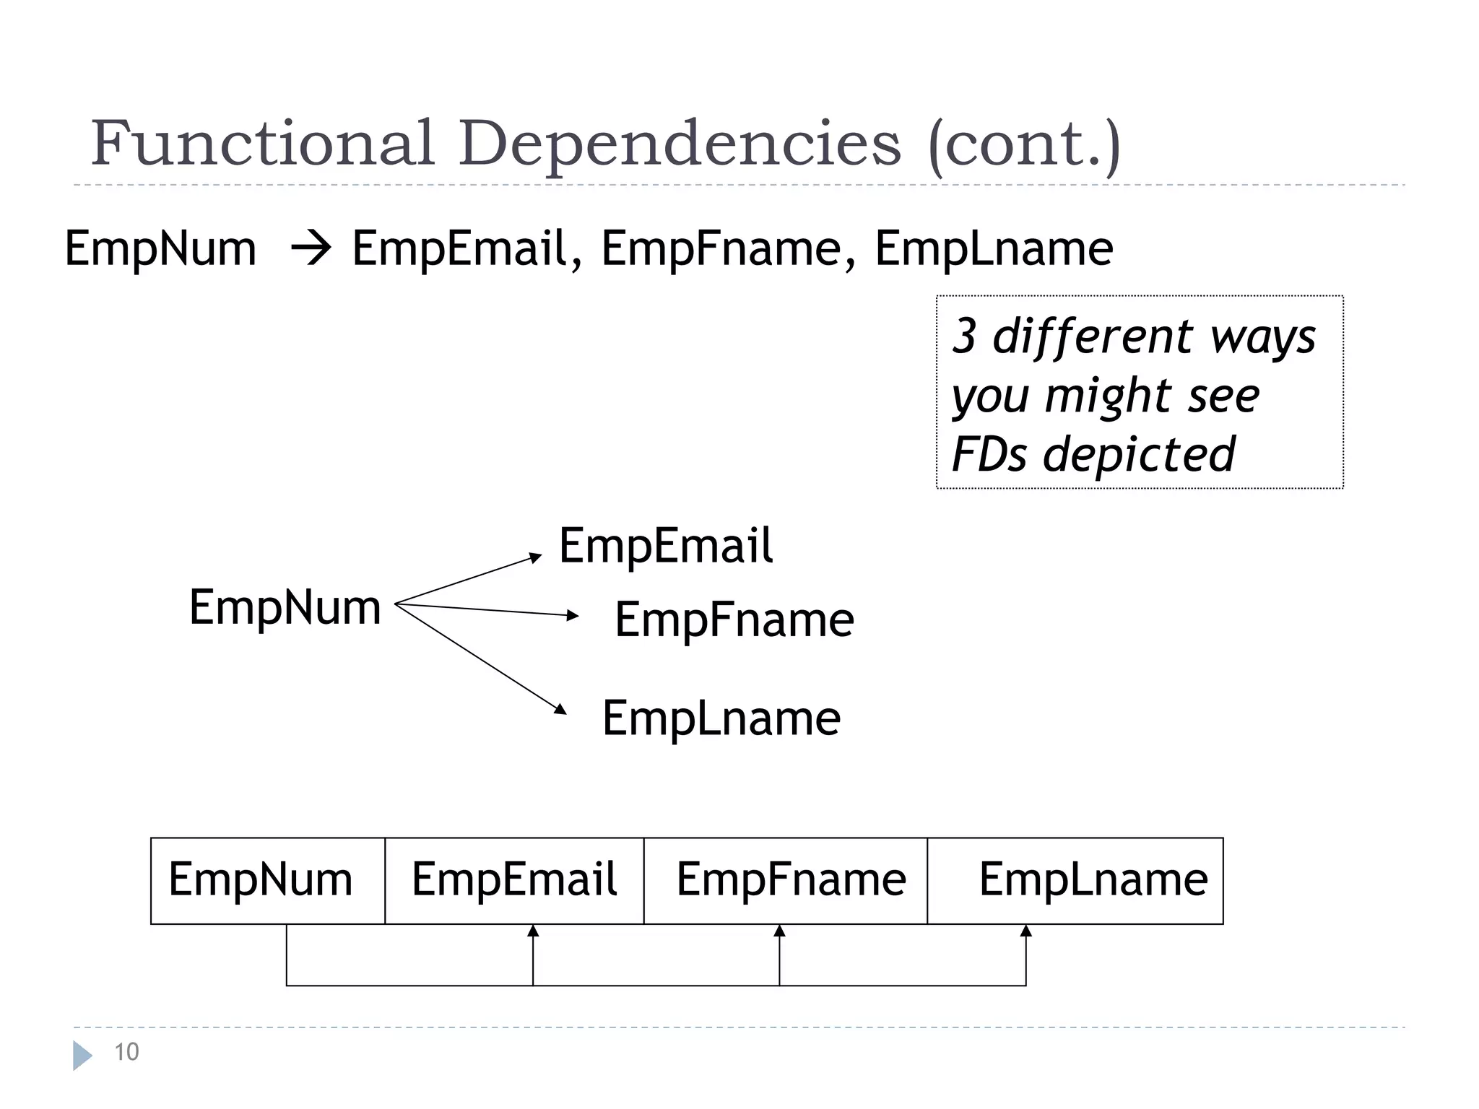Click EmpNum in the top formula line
[x=160, y=249]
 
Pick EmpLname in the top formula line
[x=994, y=249]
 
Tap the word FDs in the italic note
[x=989, y=454]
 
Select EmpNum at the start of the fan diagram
[x=285, y=607]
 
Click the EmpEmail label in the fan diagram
[x=666, y=546]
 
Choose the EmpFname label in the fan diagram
[x=734, y=619]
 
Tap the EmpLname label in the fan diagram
[x=721, y=718]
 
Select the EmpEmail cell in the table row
[x=514, y=880]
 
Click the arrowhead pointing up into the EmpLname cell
[x=1025, y=931]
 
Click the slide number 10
[x=126, y=1052]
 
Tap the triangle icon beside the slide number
[x=82, y=1056]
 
